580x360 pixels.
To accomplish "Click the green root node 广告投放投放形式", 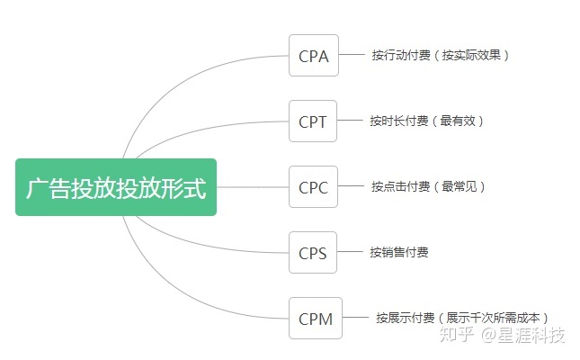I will (116, 187).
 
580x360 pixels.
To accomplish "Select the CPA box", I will (313, 56).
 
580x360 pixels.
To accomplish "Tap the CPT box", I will (313, 121).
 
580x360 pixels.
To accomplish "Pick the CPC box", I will (313, 187).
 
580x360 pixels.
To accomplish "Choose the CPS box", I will (313, 253).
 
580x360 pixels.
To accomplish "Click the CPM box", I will (315, 318).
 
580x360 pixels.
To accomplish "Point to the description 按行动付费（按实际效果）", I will (441, 56).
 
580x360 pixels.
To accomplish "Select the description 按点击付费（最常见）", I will (428, 187).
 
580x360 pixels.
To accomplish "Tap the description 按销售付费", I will (399, 253).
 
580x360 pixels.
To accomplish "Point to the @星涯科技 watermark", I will (524, 336).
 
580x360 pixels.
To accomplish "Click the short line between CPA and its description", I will (351, 56).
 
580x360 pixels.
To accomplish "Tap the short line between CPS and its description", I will (350, 253).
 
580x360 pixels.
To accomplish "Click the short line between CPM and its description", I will (356, 318).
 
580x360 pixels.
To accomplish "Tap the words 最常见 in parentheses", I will (460, 187).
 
